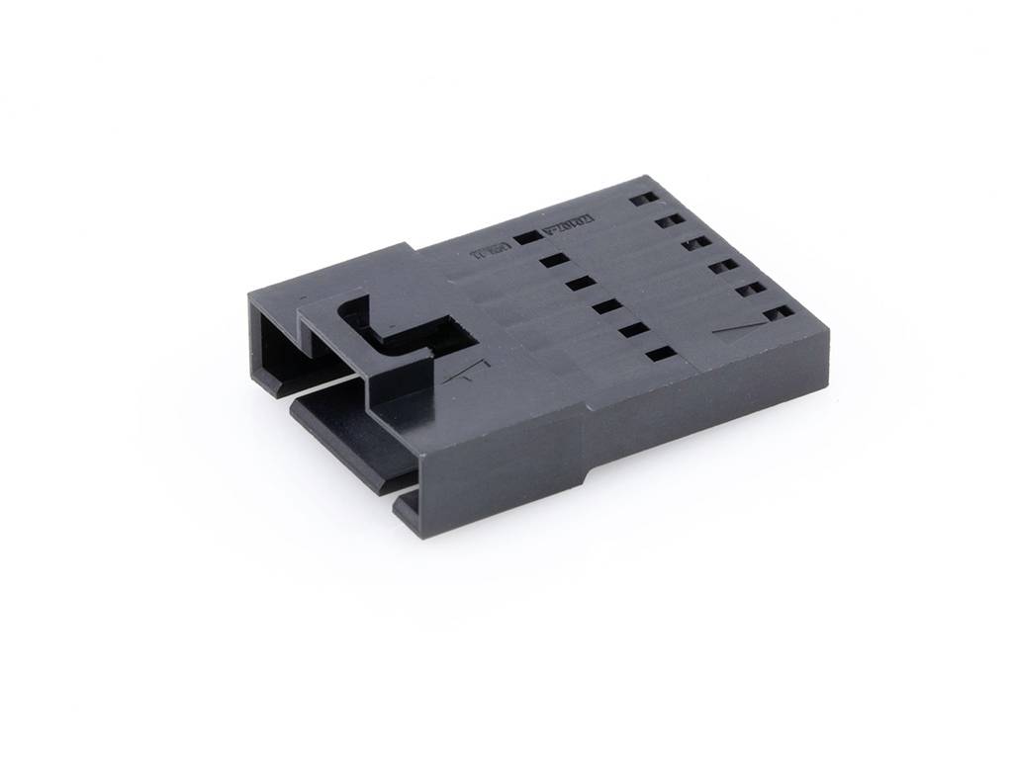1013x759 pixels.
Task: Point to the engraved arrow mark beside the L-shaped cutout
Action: pyautogui.click(x=458, y=375)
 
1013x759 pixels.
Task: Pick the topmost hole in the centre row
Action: pyautogui.click(x=526, y=236)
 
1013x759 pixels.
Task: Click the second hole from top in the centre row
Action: pyautogui.click(x=553, y=261)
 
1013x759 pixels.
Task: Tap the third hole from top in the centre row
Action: pyautogui.click(x=580, y=285)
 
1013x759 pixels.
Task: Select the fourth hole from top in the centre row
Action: pyautogui.click(x=605, y=307)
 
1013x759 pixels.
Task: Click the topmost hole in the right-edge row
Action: pyautogui.click(x=641, y=198)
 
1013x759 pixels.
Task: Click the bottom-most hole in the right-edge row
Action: pyautogui.click(x=780, y=313)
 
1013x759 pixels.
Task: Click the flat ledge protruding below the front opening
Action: pyautogui.click(x=336, y=435)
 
